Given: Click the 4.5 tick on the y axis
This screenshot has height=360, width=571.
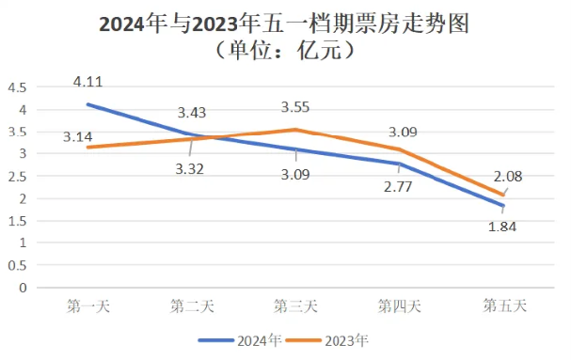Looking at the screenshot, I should (x=16, y=87).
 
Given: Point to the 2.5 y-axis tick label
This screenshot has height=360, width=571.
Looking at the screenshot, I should (x=16, y=176).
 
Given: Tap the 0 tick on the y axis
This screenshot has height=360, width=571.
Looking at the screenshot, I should (x=22, y=288).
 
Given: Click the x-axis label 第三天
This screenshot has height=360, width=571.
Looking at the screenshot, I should (x=295, y=305).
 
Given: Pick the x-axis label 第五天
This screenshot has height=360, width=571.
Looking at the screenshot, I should (x=504, y=305).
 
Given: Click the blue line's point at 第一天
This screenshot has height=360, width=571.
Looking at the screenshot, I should (x=88, y=104).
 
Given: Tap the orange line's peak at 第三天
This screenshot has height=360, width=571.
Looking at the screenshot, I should (x=295, y=130).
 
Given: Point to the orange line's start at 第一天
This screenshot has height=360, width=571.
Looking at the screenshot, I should (x=88, y=148).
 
